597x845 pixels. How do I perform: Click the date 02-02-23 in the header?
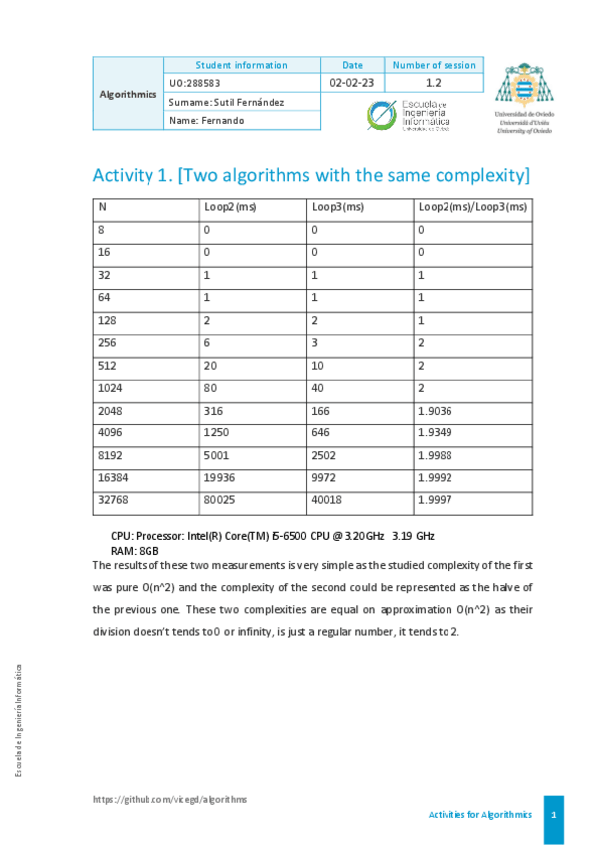(352, 83)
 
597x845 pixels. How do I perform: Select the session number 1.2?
(434, 83)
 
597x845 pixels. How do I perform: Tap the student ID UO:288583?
(194, 83)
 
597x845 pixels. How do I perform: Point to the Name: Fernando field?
(206, 121)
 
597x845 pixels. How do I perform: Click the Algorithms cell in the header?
(129, 95)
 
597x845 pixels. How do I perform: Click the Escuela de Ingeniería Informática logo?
(408, 115)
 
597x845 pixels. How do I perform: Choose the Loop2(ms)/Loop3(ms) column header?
(471, 207)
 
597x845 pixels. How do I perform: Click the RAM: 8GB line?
(135, 551)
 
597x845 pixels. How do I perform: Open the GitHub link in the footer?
(169, 799)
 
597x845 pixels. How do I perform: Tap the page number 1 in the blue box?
(553, 815)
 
